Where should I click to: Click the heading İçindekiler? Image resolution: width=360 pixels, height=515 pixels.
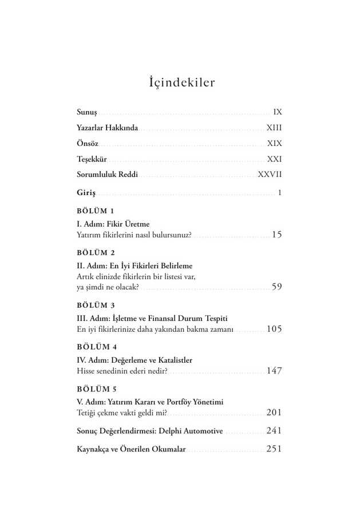[x=181, y=82]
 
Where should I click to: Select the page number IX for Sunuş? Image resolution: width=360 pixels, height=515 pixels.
[x=278, y=112]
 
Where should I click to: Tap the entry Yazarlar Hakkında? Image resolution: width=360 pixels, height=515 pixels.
[x=108, y=128]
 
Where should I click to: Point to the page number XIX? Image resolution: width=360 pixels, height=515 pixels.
[x=275, y=144]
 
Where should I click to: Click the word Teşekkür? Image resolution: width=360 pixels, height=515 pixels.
[x=92, y=160]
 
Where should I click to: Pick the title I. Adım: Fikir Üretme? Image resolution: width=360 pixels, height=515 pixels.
[x=113, y=224]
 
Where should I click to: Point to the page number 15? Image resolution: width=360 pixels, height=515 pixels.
[x=277, y=235]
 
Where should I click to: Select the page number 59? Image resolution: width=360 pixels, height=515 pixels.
[x=277, y=287]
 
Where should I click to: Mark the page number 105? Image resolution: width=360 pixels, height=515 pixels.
[x=274, y=329]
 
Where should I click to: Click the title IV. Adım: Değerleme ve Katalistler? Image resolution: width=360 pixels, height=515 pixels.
[x=134, y=360]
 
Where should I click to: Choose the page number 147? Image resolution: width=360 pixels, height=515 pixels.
[x=274, y=371]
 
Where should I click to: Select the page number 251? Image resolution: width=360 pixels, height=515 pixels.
[x=274, y=449]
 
